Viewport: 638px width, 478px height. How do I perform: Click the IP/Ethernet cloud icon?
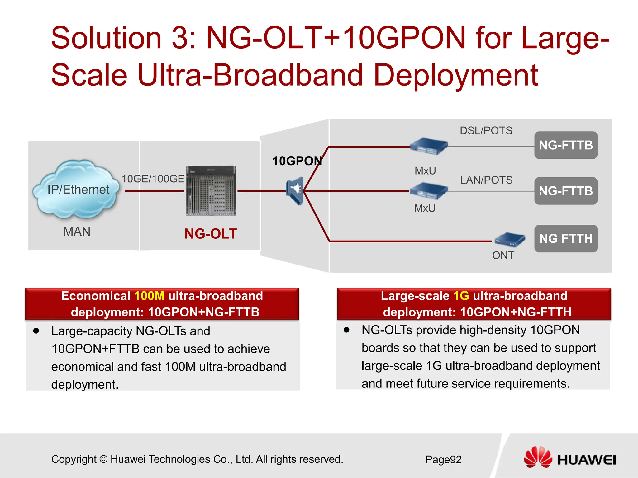point(77,189)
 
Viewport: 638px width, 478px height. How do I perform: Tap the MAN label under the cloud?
point(77,232)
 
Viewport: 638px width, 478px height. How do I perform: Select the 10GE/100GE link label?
point(153,179)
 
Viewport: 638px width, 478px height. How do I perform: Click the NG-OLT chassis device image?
point(211,191)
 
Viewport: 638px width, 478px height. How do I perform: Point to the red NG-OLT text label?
point(211,234)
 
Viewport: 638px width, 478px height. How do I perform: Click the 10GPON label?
point(297,161)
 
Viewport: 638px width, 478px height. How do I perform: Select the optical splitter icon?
point(295,190)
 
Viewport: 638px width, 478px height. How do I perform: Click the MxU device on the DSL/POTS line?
point(428,146)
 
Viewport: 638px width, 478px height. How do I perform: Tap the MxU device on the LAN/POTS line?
point(428,191)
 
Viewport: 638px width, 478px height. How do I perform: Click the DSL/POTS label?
point(486,130)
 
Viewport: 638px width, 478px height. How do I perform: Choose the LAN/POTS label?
point(486,180)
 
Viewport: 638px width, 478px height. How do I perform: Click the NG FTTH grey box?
point(566,238)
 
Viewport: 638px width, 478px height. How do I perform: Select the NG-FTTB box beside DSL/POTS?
point(566,145)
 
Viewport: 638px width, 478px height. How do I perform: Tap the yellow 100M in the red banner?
point(149,296)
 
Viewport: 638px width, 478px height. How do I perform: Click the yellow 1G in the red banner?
point(461,296)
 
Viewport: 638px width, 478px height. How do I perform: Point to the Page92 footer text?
point(443,459)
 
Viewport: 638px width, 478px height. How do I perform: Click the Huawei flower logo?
point(538,457)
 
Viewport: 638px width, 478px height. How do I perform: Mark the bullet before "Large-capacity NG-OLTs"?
point(36,331)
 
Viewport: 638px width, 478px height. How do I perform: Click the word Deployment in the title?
point(455,75)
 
